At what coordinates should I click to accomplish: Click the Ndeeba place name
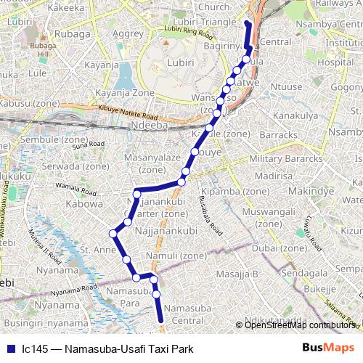[150, 125]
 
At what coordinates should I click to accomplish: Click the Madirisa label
[273, 176]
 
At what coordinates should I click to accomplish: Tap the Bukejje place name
[319, 288]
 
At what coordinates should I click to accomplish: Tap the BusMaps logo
[329, 348]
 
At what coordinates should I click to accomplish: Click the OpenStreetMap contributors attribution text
[300, 325]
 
